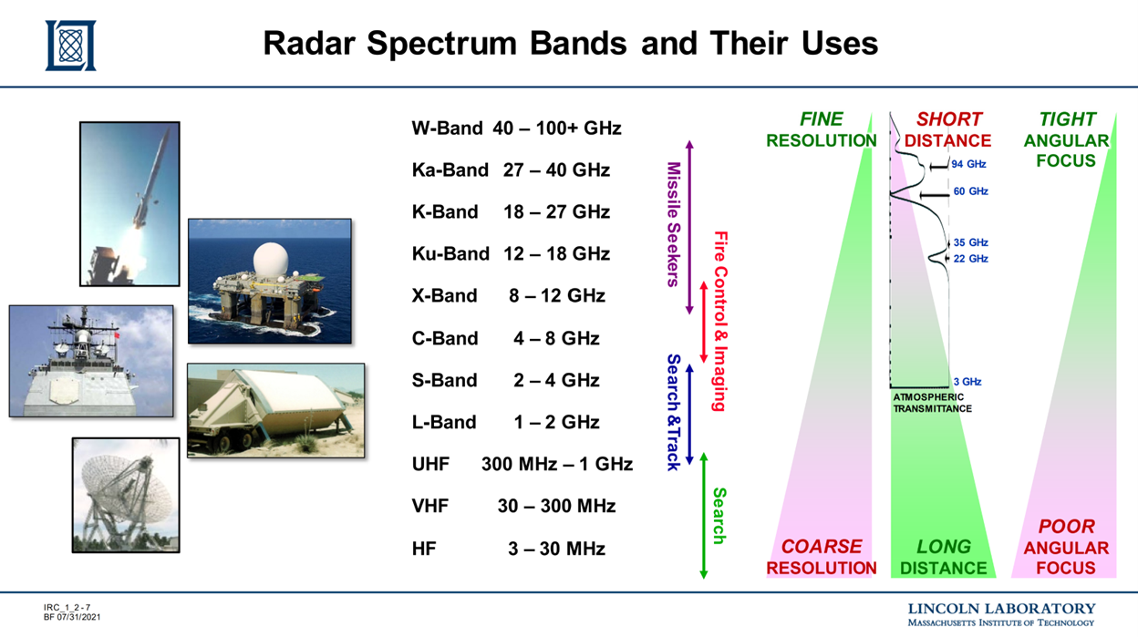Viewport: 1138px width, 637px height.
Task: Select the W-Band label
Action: pos(446,128)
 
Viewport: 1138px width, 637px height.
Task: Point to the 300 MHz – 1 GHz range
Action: pos(556,464)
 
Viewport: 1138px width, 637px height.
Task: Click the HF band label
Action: pos(423,549)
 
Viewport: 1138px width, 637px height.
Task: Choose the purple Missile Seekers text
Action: pos(674,224)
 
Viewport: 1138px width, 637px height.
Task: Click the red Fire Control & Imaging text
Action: pos(719,321)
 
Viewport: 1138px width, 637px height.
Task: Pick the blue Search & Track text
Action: pos(674,412)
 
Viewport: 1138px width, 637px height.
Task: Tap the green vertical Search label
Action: pos(719,516)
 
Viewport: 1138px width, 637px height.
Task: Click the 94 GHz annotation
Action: pos(968,165)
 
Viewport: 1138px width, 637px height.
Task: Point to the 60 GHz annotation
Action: pos(970,191)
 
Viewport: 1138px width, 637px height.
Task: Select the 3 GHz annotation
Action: pos(967,382)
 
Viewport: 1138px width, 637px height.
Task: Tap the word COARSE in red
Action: pos(821,547)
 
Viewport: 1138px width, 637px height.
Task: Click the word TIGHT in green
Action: pos(1067,119)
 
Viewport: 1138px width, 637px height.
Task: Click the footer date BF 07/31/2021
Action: pos(72,618)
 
